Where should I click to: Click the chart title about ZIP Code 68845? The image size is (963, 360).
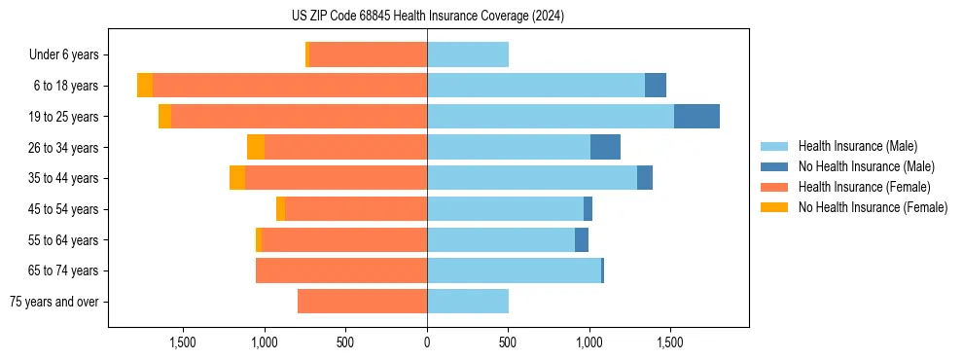427,17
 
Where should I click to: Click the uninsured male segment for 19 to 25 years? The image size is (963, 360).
696,117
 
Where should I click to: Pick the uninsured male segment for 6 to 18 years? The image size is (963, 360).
655,86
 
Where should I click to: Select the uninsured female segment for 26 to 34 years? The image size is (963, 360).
256,147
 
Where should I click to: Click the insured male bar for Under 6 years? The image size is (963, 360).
468,54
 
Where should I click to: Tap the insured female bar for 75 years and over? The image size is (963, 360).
362,302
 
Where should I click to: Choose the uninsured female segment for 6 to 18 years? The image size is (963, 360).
145,86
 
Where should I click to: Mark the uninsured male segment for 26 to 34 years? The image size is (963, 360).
605,147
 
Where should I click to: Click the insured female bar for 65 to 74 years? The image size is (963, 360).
341,270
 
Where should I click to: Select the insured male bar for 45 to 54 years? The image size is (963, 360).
505,209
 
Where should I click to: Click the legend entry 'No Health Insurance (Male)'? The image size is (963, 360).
866,166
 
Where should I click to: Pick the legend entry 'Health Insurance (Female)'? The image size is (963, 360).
864,187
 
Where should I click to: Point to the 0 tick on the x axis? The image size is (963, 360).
427,342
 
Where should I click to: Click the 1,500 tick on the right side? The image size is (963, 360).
669,342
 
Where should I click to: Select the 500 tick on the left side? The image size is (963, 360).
345,342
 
